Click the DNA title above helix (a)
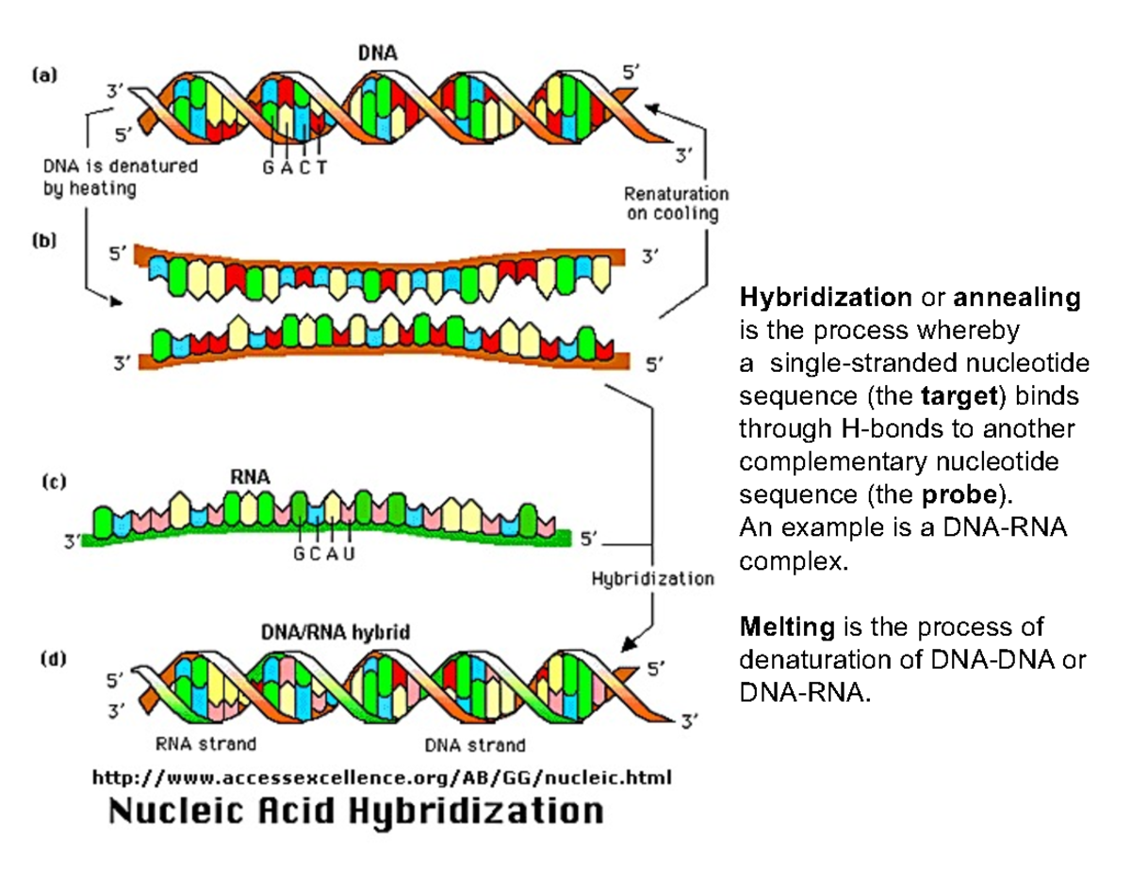point(377,53)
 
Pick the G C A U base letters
point(323,554)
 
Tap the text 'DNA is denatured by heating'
point(120,177)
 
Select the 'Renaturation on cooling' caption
point(676,202)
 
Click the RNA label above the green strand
point(250,477)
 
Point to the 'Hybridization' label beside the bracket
point(652,577)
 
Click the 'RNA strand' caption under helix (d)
point(205,744)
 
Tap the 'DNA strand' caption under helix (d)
point(474,745)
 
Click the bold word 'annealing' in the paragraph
point(1016,299)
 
